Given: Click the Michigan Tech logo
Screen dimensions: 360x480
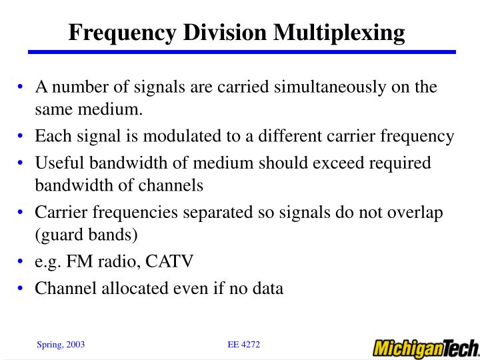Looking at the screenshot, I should pos(425,348).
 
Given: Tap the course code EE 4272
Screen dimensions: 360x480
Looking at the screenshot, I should pos(243,344).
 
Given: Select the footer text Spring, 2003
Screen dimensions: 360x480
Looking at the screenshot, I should pos(60,345).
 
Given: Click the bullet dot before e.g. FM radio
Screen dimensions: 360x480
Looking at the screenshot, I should pos(23,261).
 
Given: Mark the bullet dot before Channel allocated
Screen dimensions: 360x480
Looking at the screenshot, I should pos(23,289).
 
